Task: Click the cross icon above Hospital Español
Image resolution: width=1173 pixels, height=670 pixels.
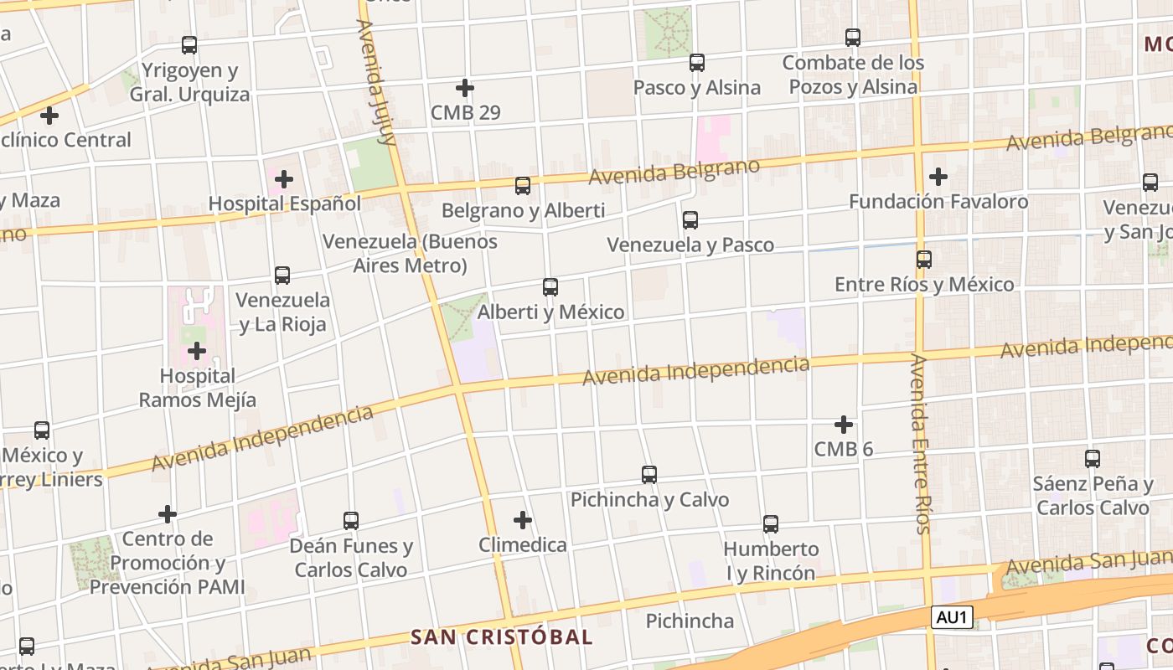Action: pyautogui.click(x=284, y=178)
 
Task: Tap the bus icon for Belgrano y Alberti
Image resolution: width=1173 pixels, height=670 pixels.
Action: pyautogui.click(x=523, y=186)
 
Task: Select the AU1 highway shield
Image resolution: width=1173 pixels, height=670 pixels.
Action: pyautogui.click(x=953, y=618)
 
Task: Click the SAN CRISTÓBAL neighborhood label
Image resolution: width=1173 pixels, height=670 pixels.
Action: pyautogui.click(x=502, y=636)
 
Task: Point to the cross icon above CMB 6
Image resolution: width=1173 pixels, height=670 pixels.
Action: pyautogui.click(x=844, y=425)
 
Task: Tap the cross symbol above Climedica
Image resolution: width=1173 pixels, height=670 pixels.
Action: pyautogui.click(x=523, y=520)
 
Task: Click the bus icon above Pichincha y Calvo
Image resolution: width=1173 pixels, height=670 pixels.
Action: pyautogui.click(x=649, y=475)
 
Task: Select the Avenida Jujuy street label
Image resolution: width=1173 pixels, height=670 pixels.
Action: pyautogui.click(x=376, y=82)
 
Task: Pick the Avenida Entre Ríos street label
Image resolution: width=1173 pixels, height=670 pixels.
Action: pyautogui.click(x=920, y=443)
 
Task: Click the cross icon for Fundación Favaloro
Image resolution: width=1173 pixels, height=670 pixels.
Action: pyautogui.click(x=938, y=177)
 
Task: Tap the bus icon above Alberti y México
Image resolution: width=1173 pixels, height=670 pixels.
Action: pyautogui.click(x=550, y=287)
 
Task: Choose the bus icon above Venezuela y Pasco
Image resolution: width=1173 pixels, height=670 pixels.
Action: pyautogui.click(x=690, y=220)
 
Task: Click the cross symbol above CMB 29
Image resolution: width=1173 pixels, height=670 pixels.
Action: pyautogui.click(x=465, y=87)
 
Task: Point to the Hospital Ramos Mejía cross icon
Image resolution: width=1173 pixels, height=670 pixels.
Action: pyautogui.click(x=197, y=351)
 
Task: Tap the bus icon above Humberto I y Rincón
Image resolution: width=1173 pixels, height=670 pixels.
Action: pyautogui.click(x=771, y=524)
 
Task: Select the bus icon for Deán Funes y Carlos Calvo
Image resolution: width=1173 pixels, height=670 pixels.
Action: pyautogui.click(x=351, y=521)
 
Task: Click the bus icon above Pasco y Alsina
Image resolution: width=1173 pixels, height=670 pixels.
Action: pyautogui.click(x=697, y=63)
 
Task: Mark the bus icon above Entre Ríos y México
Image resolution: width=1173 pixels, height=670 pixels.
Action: pyautogui.click(x=924, y=260)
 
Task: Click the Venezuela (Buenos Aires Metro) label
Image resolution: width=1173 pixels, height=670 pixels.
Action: pyautogui.click(x=410, y=254)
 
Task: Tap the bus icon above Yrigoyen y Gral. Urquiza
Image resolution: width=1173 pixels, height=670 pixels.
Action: pyautogui.click(x=189, y=45)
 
